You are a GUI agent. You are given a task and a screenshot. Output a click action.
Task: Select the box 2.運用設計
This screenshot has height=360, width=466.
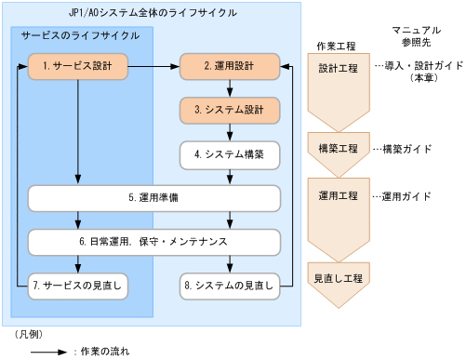pos(229,67)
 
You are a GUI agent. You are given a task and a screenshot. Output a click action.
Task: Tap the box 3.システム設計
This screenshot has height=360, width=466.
pos(229,110)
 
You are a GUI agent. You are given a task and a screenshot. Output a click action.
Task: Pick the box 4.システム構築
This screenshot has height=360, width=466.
pos(229,153)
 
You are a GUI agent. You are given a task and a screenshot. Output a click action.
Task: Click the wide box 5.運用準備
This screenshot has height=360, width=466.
pos(153,198)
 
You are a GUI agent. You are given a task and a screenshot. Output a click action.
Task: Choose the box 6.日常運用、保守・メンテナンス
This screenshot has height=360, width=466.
pos(153,242)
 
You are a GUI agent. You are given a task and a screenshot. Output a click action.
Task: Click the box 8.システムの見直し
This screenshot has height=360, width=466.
pos(229,285)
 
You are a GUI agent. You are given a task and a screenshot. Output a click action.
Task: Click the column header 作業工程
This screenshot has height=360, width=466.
pos(338,44)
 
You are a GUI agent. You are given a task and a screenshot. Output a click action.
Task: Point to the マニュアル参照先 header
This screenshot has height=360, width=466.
pos(418,38)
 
